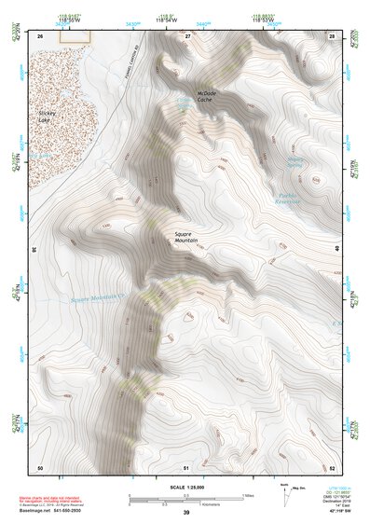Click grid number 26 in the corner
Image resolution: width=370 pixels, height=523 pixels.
pyautogui.click(x=40, y=35)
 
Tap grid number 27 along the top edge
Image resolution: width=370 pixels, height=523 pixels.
pyautogui.click(x=187, y=35)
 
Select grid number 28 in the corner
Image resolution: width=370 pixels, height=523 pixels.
pyautogui.click(x=333, y=35)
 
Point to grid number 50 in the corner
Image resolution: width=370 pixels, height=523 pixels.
pyautogui.click(x=40, y=466)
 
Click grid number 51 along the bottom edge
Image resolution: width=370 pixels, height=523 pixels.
pyautogui.click(x=186, y=466)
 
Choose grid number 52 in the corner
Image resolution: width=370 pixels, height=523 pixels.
pyautogui.click(x=333, y=466)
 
